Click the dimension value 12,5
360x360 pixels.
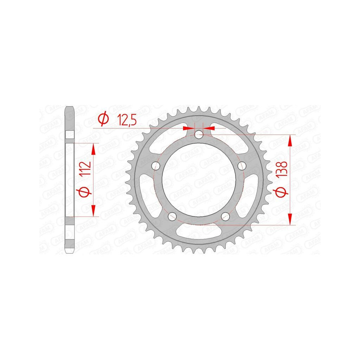click(x=127, y=120)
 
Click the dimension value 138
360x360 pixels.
click(x=282, y=169)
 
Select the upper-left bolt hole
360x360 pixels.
click(x=156, y=165)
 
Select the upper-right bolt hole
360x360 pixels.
click(x=242, y=165)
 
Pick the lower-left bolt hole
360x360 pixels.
click(x=172, y=216)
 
